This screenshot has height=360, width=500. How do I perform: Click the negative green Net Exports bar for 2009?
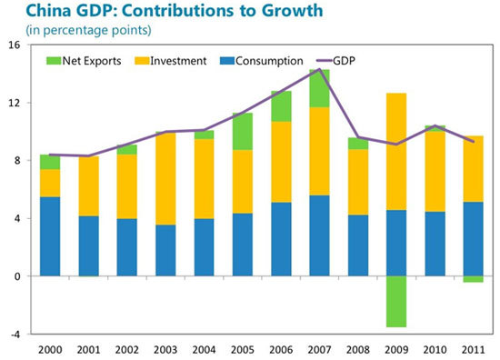tap(396, 301)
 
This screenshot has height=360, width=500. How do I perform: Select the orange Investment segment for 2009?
tap(396, 152)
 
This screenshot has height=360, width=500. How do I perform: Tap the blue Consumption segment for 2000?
tap(50, 236)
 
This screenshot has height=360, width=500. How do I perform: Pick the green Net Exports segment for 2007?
tap(319, 88)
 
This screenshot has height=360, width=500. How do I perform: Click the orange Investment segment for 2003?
tap(165, 178)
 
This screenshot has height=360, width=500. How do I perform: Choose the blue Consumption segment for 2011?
tap(474, 239)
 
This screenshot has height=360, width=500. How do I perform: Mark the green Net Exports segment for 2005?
tap(243, 132)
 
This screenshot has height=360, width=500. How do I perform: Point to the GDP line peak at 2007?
tap(319, 69)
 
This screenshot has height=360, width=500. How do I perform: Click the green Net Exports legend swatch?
tap(54, 61)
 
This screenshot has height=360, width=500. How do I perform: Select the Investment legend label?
tap(178, 61)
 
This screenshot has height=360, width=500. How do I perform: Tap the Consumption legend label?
tap(269, 61)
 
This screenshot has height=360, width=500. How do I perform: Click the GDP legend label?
tap(344, 61)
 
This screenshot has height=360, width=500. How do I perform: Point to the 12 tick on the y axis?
tap(14, 103)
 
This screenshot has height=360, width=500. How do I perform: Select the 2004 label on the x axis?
tap(204, 350)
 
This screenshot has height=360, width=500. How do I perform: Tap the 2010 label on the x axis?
tap(435, 350)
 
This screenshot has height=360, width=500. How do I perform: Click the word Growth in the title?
tap(292, 10)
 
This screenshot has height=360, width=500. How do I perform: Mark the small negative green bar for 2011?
tap(474, 279)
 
